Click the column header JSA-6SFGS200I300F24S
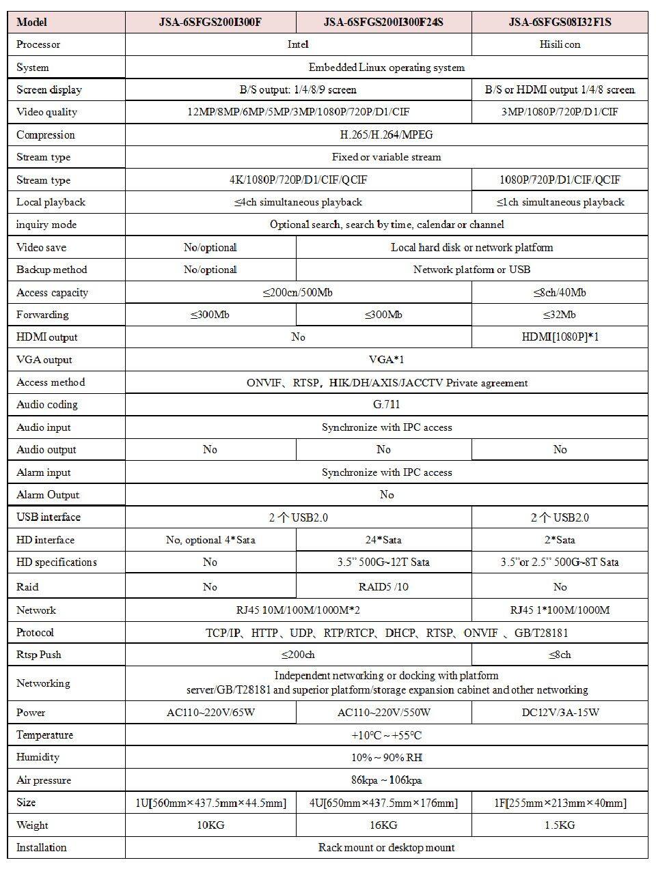pos(383,22)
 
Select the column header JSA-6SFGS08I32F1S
pos(560,22)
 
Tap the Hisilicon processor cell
pos(560,44)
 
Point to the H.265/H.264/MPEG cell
pos(386,134)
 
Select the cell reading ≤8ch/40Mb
pos(560,292)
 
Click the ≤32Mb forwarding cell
pos(560,315)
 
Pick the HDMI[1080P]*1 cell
pos(560,337)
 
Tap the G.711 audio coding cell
pos(386,404)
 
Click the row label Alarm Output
pos(48,495)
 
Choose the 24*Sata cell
pos(383,540)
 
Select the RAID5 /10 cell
pos(383,587)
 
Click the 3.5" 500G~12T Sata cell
pos(383,562)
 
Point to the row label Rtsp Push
pos(39,655)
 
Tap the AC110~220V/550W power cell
pos(383,713)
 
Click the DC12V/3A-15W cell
pos(560,713)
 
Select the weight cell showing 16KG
pos(383,825)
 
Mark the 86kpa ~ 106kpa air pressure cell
pos(386,780)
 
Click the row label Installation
pos(42,848)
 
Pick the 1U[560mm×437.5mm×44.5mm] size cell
pos(210,803)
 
